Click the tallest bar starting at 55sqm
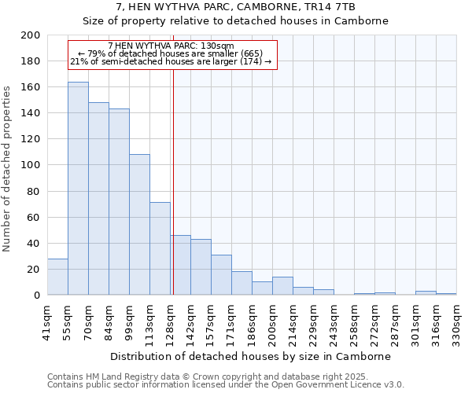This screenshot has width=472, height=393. point(78,189)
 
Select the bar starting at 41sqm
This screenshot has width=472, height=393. point(57,277)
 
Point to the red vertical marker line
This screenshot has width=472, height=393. point(173,181)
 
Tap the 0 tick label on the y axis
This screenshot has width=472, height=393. point(37,296)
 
